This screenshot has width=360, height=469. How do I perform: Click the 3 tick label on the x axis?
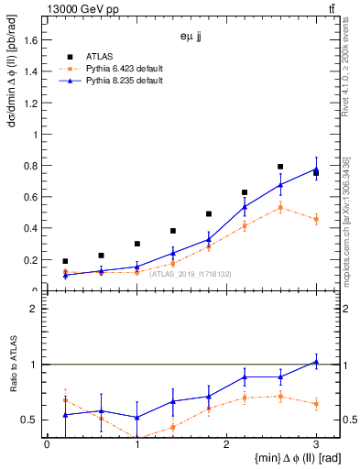[x=316, y=443]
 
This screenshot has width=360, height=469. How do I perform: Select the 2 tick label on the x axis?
[x=226, y=443]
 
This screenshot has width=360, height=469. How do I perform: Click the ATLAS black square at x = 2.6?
[x=280, y=167]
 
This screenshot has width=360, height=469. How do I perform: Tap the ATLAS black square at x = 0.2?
[x=65, y=261]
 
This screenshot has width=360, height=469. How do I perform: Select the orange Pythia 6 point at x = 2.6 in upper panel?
[x=280, y=207]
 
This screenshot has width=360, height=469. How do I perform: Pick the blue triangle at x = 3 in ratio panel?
[x=316, y=362]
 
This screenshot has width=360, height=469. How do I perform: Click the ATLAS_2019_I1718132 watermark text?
[x=191, y=274]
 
